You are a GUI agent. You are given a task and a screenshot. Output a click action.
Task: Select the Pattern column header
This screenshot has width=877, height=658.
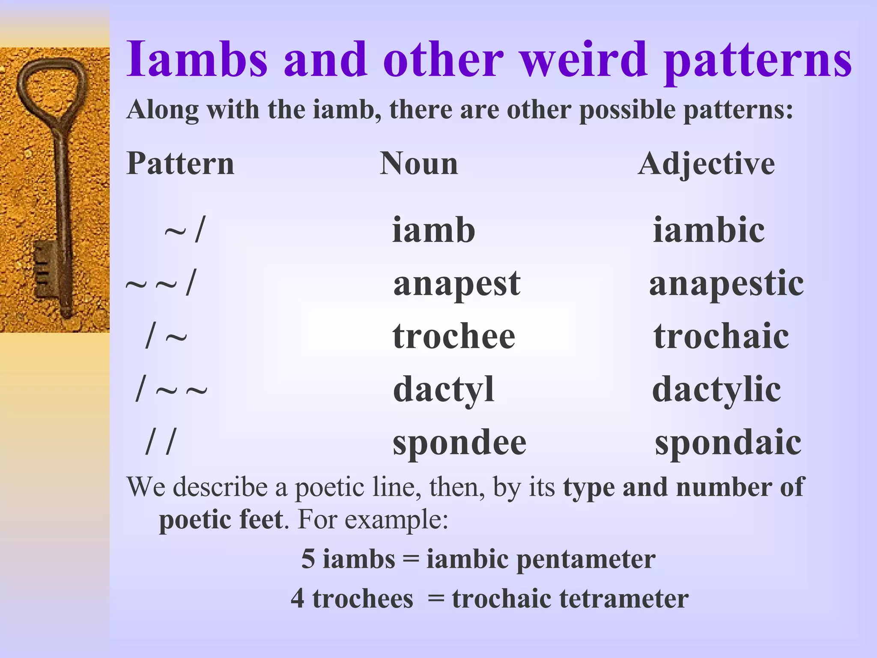click(x=180, y=164)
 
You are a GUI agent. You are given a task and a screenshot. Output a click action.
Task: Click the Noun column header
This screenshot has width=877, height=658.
click(x=419, y=164)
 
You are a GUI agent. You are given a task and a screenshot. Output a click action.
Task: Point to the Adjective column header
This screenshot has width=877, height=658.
click(x=706, y=164)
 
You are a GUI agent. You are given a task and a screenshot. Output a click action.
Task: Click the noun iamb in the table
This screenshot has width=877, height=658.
click(x=433, y=230)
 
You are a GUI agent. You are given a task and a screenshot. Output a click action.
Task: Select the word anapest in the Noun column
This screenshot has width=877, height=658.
click(x=456, y=283)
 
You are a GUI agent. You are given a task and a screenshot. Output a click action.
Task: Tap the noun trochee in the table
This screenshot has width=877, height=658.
click(x=453, y=336)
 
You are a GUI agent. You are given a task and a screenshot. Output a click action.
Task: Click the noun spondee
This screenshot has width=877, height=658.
click(x=459, y=443)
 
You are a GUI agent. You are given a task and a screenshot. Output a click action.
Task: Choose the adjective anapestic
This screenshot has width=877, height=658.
click(x=726, y=283)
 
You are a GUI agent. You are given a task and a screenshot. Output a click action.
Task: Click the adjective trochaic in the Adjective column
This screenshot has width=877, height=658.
click(x=721, y=336)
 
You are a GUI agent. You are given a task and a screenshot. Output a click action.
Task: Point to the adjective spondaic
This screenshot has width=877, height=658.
click(x=728, y=443)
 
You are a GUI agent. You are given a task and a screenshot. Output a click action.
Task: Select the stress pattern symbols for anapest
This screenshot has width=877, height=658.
click(x=161, y=283)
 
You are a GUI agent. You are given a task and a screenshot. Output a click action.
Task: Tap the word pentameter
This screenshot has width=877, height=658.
click(x=586, y=559)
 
